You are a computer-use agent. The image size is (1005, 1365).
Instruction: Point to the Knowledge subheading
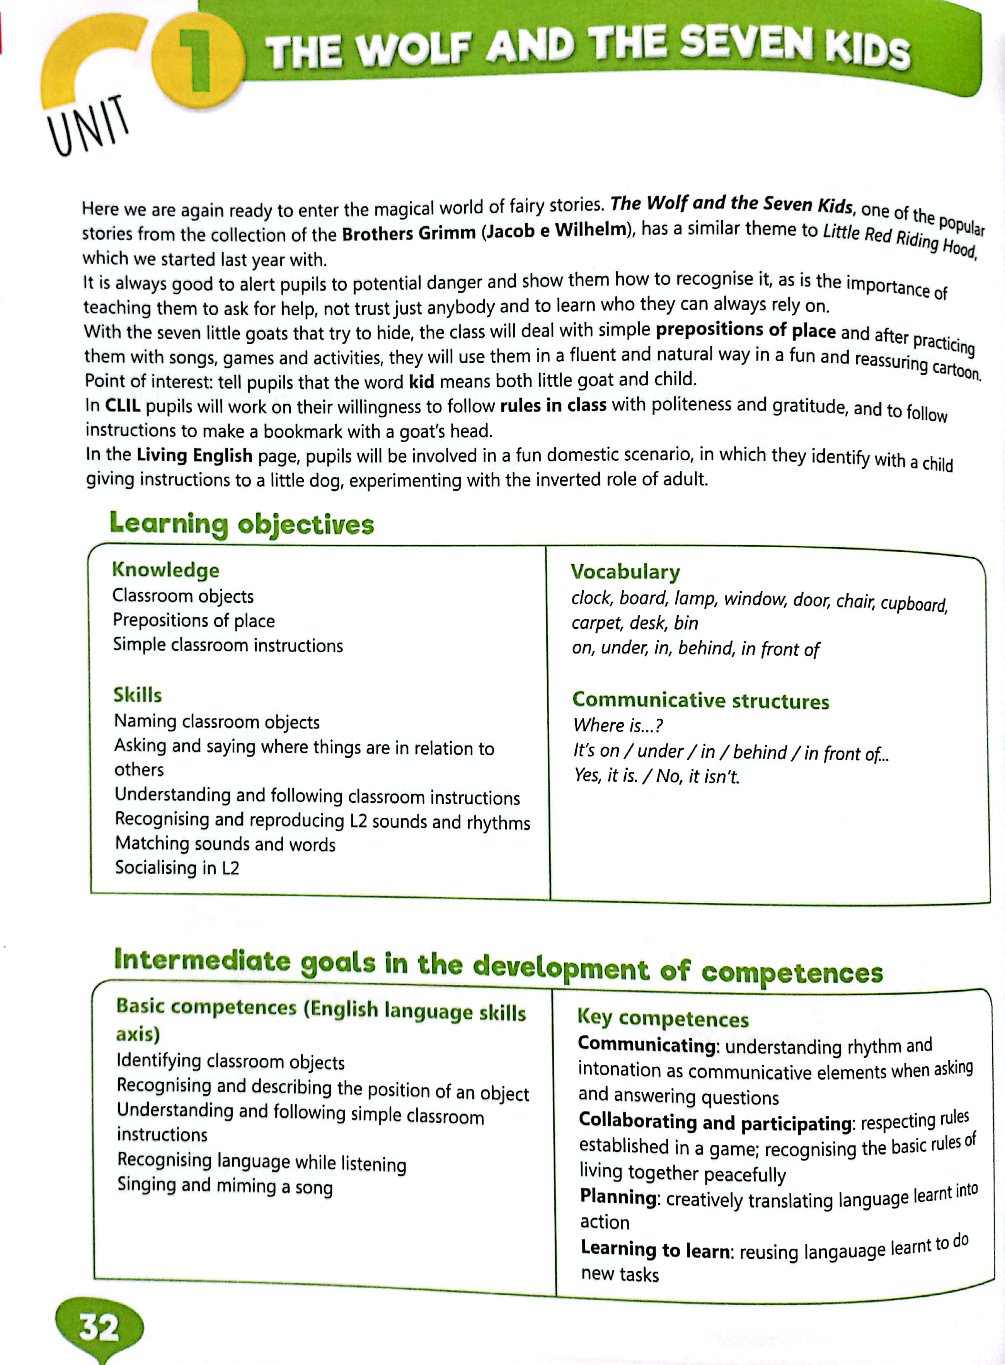165,570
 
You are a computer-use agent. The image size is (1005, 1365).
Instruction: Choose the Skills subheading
138,694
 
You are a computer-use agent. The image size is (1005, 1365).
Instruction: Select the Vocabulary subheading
625,572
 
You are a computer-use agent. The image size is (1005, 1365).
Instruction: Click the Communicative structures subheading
700,700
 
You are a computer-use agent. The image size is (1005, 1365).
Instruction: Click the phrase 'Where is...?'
618,726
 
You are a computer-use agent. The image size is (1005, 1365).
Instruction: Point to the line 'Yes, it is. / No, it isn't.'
656,776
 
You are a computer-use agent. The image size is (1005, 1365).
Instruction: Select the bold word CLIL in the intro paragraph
122,406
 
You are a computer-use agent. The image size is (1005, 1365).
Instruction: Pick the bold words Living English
194,455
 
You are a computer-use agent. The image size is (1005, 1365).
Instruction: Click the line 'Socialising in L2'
177,867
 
